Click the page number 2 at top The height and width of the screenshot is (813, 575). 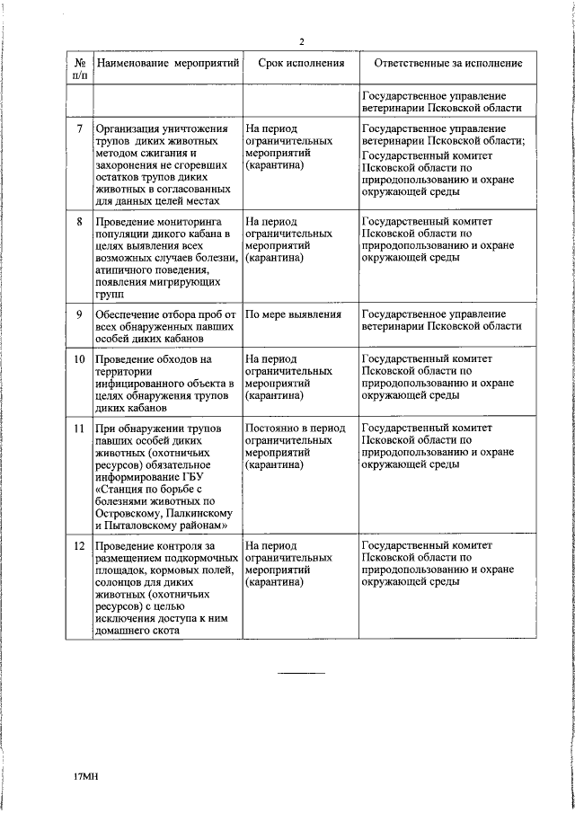point(302,41)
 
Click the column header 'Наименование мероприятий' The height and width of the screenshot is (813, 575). point(168,65)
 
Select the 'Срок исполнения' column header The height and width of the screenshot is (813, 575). point(301,65)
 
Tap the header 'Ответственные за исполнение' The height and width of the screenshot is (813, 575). point(440,65)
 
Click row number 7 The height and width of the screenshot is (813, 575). point(79,128)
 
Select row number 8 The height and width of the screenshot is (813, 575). point(79,220)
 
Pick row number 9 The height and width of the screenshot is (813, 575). point(79,314)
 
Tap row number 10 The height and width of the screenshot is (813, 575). point(79,359)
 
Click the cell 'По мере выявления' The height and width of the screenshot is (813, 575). point(294,314)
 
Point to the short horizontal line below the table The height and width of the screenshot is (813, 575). point(301,673)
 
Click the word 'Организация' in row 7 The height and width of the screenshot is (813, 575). point(131,128)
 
